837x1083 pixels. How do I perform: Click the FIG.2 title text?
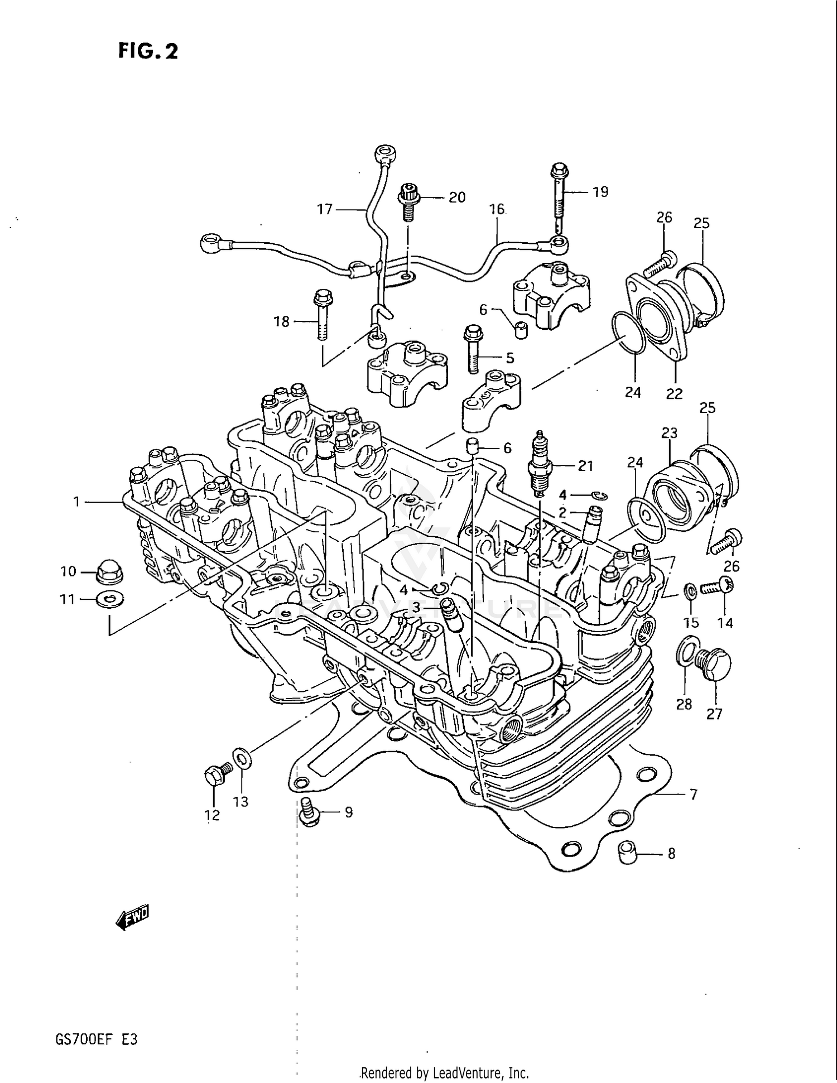[x=148, y=51]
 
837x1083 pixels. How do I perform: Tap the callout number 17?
[x=325, y=209]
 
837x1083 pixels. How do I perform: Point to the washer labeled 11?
[x=109, y=600]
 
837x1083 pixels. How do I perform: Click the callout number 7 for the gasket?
[x=694, y=794]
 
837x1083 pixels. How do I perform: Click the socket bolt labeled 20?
[x=408, y=201]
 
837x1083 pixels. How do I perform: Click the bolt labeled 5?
[x=472, y=348]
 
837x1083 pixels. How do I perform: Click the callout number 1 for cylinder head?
[x=77, y=502]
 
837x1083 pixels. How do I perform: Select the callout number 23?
[x=669, y=432]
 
